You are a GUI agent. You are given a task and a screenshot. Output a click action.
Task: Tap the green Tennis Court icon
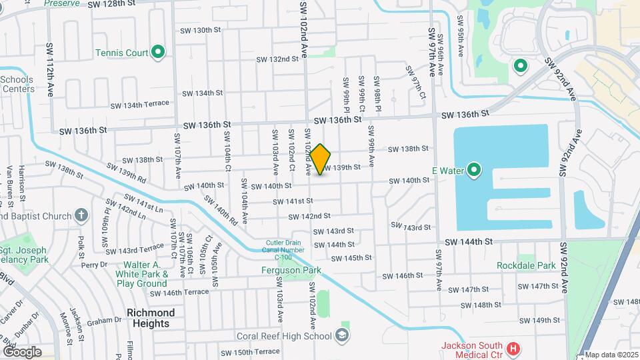158,52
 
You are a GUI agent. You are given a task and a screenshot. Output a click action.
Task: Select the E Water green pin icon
474,171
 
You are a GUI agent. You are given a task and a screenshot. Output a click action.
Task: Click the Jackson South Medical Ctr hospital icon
512,349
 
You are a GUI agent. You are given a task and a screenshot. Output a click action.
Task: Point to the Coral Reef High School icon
343,335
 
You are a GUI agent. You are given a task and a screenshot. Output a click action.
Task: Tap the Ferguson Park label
291,270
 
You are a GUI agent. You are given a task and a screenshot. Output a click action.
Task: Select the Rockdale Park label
526,265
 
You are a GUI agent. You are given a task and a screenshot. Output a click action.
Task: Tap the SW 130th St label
200,30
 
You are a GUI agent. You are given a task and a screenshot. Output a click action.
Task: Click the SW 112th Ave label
50,70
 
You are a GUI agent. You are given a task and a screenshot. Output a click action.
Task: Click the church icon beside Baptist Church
81,215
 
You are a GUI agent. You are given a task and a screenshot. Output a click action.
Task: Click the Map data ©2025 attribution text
611,354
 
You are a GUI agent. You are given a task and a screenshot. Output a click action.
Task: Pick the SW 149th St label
541,320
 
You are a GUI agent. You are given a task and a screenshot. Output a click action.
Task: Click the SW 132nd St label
278,59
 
